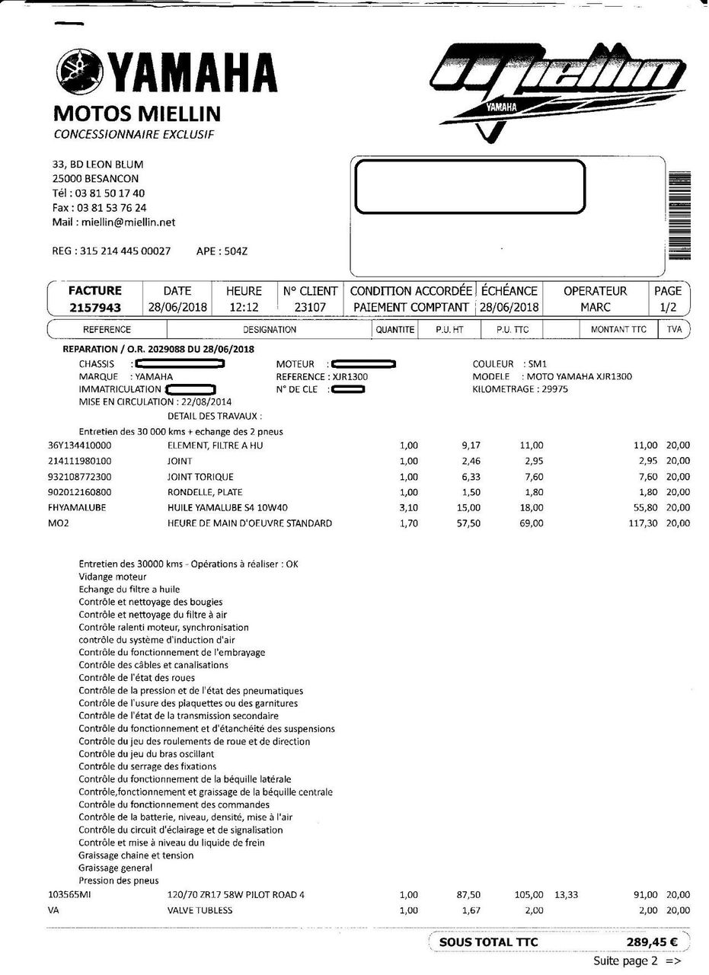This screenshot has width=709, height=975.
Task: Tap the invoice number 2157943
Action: point(95,307)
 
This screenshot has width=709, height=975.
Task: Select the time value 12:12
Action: point(244,307)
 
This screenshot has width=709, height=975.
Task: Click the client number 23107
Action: point(310,307)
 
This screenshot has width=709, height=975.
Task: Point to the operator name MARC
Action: point(595,307)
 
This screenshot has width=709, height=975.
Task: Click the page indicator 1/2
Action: point(668,307)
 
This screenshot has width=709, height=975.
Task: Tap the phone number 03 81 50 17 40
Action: point(110,193)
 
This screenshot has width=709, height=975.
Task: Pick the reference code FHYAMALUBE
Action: point(77,507)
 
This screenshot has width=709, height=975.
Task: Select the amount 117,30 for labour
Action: point(642,523)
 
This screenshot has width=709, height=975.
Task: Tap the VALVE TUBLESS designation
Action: point(200,910)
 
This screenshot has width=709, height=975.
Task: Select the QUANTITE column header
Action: point(395,330)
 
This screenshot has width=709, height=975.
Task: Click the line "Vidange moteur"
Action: point(113,577)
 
